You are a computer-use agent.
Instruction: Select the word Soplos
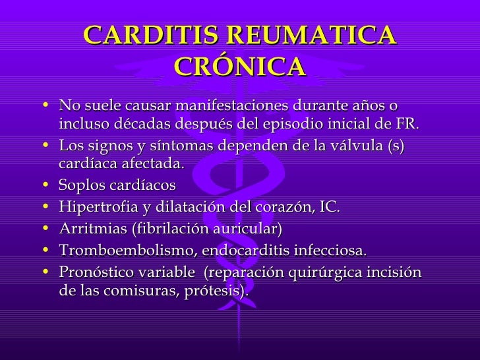click(80, 186)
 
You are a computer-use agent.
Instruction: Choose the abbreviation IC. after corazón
click(330, 206)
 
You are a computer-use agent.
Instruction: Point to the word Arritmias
click(88, 229)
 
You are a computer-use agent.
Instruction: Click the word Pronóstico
click(96, 272)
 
